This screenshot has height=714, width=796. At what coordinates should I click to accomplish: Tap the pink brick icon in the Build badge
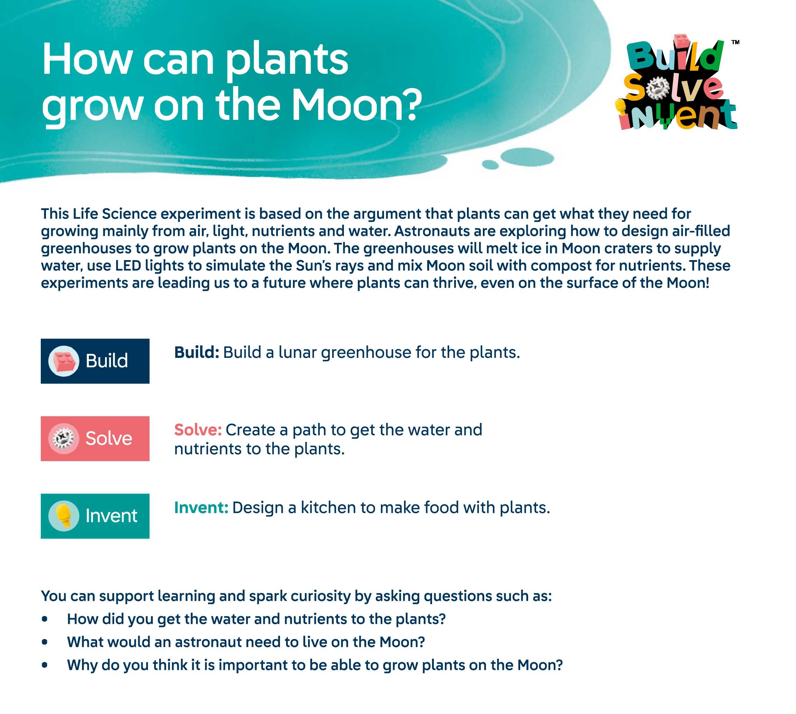click(x=64, y=361)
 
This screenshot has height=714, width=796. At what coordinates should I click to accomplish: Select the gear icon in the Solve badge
click(x=64, y=438)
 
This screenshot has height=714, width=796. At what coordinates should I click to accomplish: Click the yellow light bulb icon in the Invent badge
click(x=63, y=515)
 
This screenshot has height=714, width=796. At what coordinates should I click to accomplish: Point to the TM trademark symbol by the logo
click(x=735, y=42)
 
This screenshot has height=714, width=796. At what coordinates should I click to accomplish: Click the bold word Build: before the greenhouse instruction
click(x=196, y=352)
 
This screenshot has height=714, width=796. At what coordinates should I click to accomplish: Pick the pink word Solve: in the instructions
click(x=198, y=430)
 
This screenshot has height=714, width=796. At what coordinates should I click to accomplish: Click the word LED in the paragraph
click(x=128, y=266)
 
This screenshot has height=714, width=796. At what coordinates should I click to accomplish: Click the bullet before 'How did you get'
click(x=44, y=619)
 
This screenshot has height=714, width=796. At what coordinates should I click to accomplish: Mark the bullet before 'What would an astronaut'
click(x=44, y=642)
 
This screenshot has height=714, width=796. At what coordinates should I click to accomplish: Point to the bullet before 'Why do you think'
click(x=44, y=665)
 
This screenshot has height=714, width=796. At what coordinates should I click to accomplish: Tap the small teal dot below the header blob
click(x=490, y=164)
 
